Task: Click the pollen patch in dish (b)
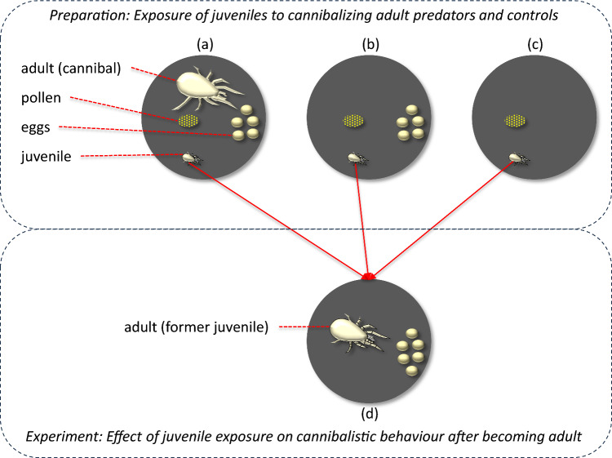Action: tap(353, 122)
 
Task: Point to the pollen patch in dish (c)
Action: tap(515, 122)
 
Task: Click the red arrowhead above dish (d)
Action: tap(369, 278)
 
